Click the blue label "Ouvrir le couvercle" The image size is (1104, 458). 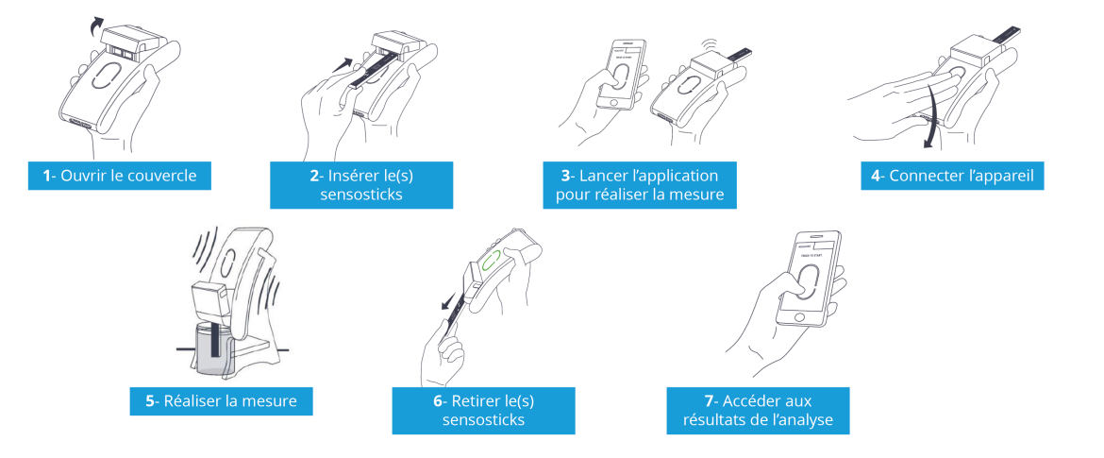point(120,176)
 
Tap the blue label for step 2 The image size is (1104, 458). point(361,184)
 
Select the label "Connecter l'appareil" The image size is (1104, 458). point(952,176)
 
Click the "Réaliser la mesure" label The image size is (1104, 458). point(221,401)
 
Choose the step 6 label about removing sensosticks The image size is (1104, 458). point(484,410)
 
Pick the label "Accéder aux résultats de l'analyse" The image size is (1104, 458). point(758,410)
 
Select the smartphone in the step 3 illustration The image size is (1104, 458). point(620,75)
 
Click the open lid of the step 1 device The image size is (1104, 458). point(126,41)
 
